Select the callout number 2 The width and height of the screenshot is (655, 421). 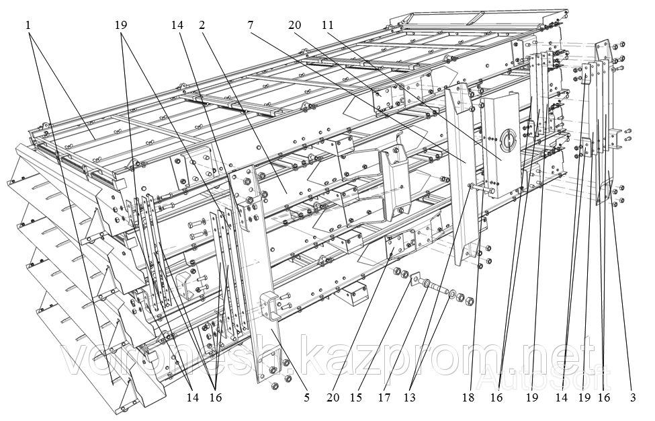tap(202, 26)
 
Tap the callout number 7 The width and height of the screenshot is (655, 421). tap(250, 26)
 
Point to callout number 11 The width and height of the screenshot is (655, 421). tap(327, 26)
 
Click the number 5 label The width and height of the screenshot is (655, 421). tap(306, 397)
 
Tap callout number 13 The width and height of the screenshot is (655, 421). tap(409, 397)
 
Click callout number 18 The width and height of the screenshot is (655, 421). tap(468, 397)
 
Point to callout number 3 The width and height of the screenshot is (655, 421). tap(633, 397)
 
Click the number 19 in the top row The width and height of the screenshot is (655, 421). tap(121, 26)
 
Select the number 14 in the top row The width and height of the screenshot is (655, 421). tap(177, 26)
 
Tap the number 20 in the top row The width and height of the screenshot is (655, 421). tap(294, 26)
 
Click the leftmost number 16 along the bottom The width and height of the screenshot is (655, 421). tap(215, 397)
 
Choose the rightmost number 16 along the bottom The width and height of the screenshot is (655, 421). tap(604, 397)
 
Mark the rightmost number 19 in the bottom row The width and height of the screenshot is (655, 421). tap(584, 397)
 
